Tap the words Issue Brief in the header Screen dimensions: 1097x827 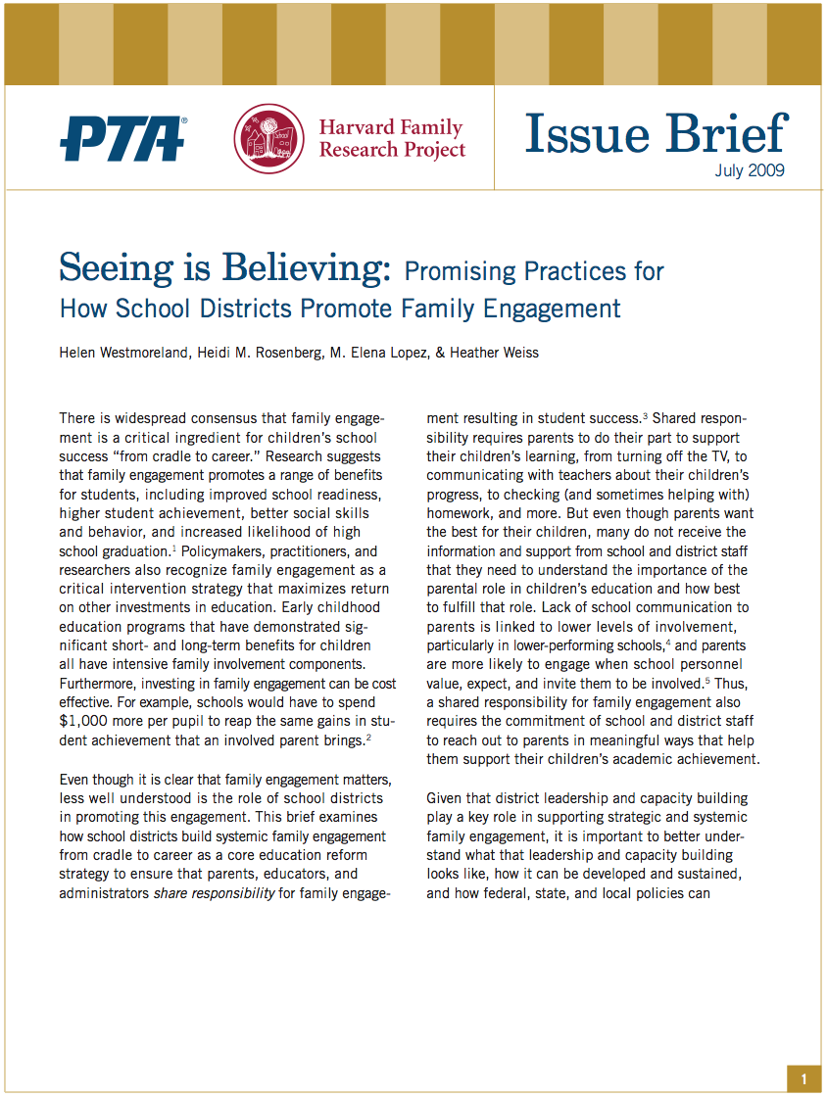click(655, 135)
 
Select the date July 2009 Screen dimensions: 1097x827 click(749, 170)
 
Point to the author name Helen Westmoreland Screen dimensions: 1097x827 click(126, 353)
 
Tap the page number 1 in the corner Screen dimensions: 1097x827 click(803, 1079)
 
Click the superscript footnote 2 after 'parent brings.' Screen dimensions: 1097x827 click(367, 738)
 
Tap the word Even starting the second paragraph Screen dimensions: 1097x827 click(76, 779)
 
